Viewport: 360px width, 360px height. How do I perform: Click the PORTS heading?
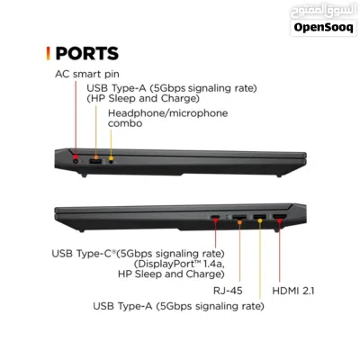click(x=87, y=53)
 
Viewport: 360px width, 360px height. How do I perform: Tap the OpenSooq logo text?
click(x=323, y=28)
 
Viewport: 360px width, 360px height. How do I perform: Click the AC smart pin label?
click(x=87, y=74)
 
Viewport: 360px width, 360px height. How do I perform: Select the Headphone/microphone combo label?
click(x=167, y=118)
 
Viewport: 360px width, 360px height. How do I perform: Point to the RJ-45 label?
click(x=228, y=291)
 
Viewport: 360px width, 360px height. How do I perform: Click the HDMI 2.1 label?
click(x=293, y=291)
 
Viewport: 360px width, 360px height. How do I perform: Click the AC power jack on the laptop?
click(x=76, y=162)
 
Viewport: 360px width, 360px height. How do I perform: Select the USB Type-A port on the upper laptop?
click(x=95, y=162)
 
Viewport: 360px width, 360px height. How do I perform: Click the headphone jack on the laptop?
click(x=112, y=162)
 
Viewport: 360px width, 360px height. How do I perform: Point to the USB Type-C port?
click(x=215, y=217)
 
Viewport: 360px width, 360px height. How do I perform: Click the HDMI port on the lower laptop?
click(x=279, y=216)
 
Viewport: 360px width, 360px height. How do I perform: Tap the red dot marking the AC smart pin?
click(x=76, y=157)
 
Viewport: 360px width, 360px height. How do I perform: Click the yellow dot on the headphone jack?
click(x=111, y=158)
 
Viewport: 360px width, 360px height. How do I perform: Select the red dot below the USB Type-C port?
click(x=215, y=220)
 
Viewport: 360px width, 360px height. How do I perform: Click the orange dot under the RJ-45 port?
click(x=239, y=222)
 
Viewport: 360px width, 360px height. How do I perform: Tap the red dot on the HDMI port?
click(x=279, y=221)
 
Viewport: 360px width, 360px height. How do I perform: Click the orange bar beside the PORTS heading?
click(x=48, y=53)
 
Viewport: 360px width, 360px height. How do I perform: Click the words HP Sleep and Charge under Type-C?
click(x=171, y=274)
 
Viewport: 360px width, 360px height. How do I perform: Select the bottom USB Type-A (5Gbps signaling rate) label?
click(x=178, y=306)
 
